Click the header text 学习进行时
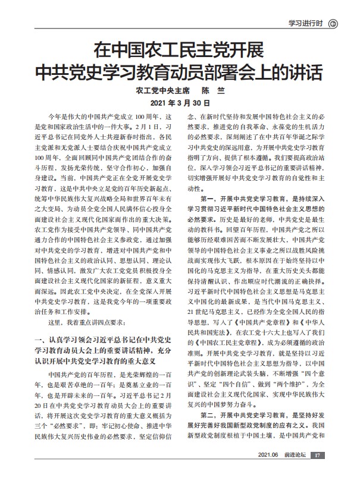(x=305, y=23)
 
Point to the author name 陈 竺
(x=211, y=92)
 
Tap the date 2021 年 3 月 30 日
(x=180, y=103)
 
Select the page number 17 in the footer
(x=318, y=472)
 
